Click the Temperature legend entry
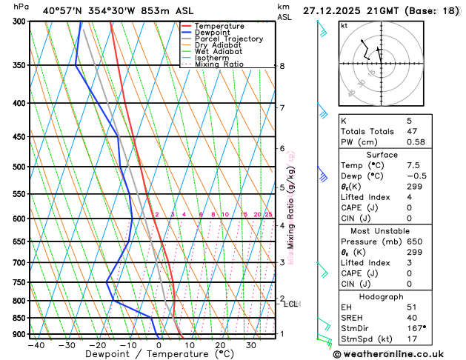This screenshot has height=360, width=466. [x=219, y=26]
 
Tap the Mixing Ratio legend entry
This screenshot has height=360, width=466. [x=219, y=64]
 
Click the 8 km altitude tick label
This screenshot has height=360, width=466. [x=282, y=66]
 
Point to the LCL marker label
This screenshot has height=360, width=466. [x=291, y=304]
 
